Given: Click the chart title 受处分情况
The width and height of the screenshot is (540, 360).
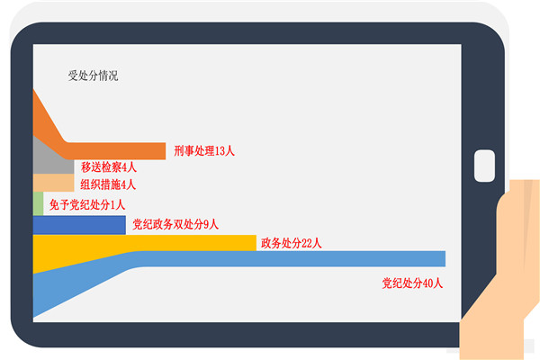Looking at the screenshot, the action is point(93,76).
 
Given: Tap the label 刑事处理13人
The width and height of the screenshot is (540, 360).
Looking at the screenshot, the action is point(204,151).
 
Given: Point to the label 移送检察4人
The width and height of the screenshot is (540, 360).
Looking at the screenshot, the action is point(109,167).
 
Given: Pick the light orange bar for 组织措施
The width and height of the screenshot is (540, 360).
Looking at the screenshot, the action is point(53,183).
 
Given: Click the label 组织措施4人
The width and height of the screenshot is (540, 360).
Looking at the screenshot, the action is point(108,184).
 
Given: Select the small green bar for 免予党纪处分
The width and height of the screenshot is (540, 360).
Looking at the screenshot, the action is point(38,203).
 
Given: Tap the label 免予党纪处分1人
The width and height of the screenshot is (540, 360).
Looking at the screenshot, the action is point(86,204).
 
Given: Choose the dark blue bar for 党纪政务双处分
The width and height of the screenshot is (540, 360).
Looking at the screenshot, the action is point(79,225).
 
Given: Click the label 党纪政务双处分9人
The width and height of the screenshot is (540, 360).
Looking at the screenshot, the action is point(175,224).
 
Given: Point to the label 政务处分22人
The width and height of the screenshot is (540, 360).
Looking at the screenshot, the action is point(292,243).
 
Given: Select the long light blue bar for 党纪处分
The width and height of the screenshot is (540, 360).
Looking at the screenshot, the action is point(292,258).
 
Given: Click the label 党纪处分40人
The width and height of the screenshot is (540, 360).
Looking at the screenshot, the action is point(412,283).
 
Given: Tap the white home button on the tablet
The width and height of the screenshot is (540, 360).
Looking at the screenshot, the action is point(484,166).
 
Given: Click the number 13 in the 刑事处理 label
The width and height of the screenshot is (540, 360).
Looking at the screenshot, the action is point(220,151).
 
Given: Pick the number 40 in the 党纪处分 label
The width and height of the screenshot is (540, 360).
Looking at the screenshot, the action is point(427,283).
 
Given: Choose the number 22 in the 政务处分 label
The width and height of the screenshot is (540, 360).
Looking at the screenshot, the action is point(307,243).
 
